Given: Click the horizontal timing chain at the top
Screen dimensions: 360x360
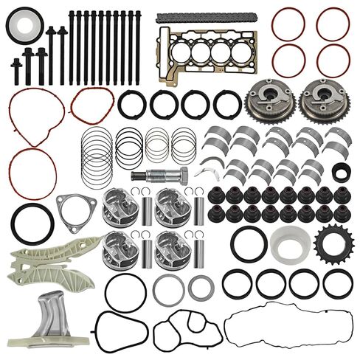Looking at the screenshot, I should pyautogui.click(x=187, y=15).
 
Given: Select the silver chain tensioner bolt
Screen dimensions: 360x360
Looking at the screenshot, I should pyautogui.click(x=158, y=176).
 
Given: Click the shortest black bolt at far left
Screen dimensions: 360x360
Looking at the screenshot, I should pyautogui.click(x=16, y=70).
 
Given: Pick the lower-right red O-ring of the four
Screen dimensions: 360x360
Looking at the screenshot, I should pyautogui.click(x=333, y=60).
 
